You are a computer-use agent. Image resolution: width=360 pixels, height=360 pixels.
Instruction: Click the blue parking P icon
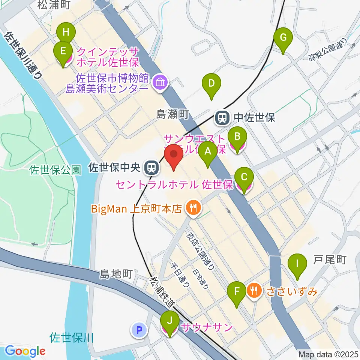tap(139, 330)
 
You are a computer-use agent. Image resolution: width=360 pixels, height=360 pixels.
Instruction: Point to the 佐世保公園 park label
tap(55, 171)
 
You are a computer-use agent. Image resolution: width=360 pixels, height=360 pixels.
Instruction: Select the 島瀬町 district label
tap(172, 115)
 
